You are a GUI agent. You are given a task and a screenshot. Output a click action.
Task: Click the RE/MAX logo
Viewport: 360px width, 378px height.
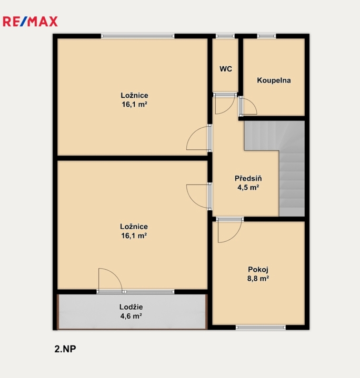tap(30, 22)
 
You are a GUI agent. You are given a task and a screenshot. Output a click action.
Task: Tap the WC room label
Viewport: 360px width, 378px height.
tap(226, 69)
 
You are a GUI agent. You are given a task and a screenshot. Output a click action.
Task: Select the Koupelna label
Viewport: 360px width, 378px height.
tap(274, 80)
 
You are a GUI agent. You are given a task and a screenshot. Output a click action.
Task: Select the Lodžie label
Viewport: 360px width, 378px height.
tap(131, 307)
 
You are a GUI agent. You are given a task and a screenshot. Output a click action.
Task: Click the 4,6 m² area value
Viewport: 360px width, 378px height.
tap(131, 316)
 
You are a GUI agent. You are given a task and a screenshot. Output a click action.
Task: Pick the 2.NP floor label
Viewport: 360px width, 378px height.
tap(65, 349)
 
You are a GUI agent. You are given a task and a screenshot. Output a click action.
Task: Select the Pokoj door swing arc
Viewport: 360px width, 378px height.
tap(228, 232)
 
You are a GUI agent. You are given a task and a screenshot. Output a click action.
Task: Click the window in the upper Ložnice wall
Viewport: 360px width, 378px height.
tap(137, 36)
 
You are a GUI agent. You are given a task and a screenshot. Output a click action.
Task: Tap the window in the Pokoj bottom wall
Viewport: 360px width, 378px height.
tap(261, 328)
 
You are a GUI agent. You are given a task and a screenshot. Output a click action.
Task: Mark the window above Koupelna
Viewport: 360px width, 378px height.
tap(266, 36)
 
